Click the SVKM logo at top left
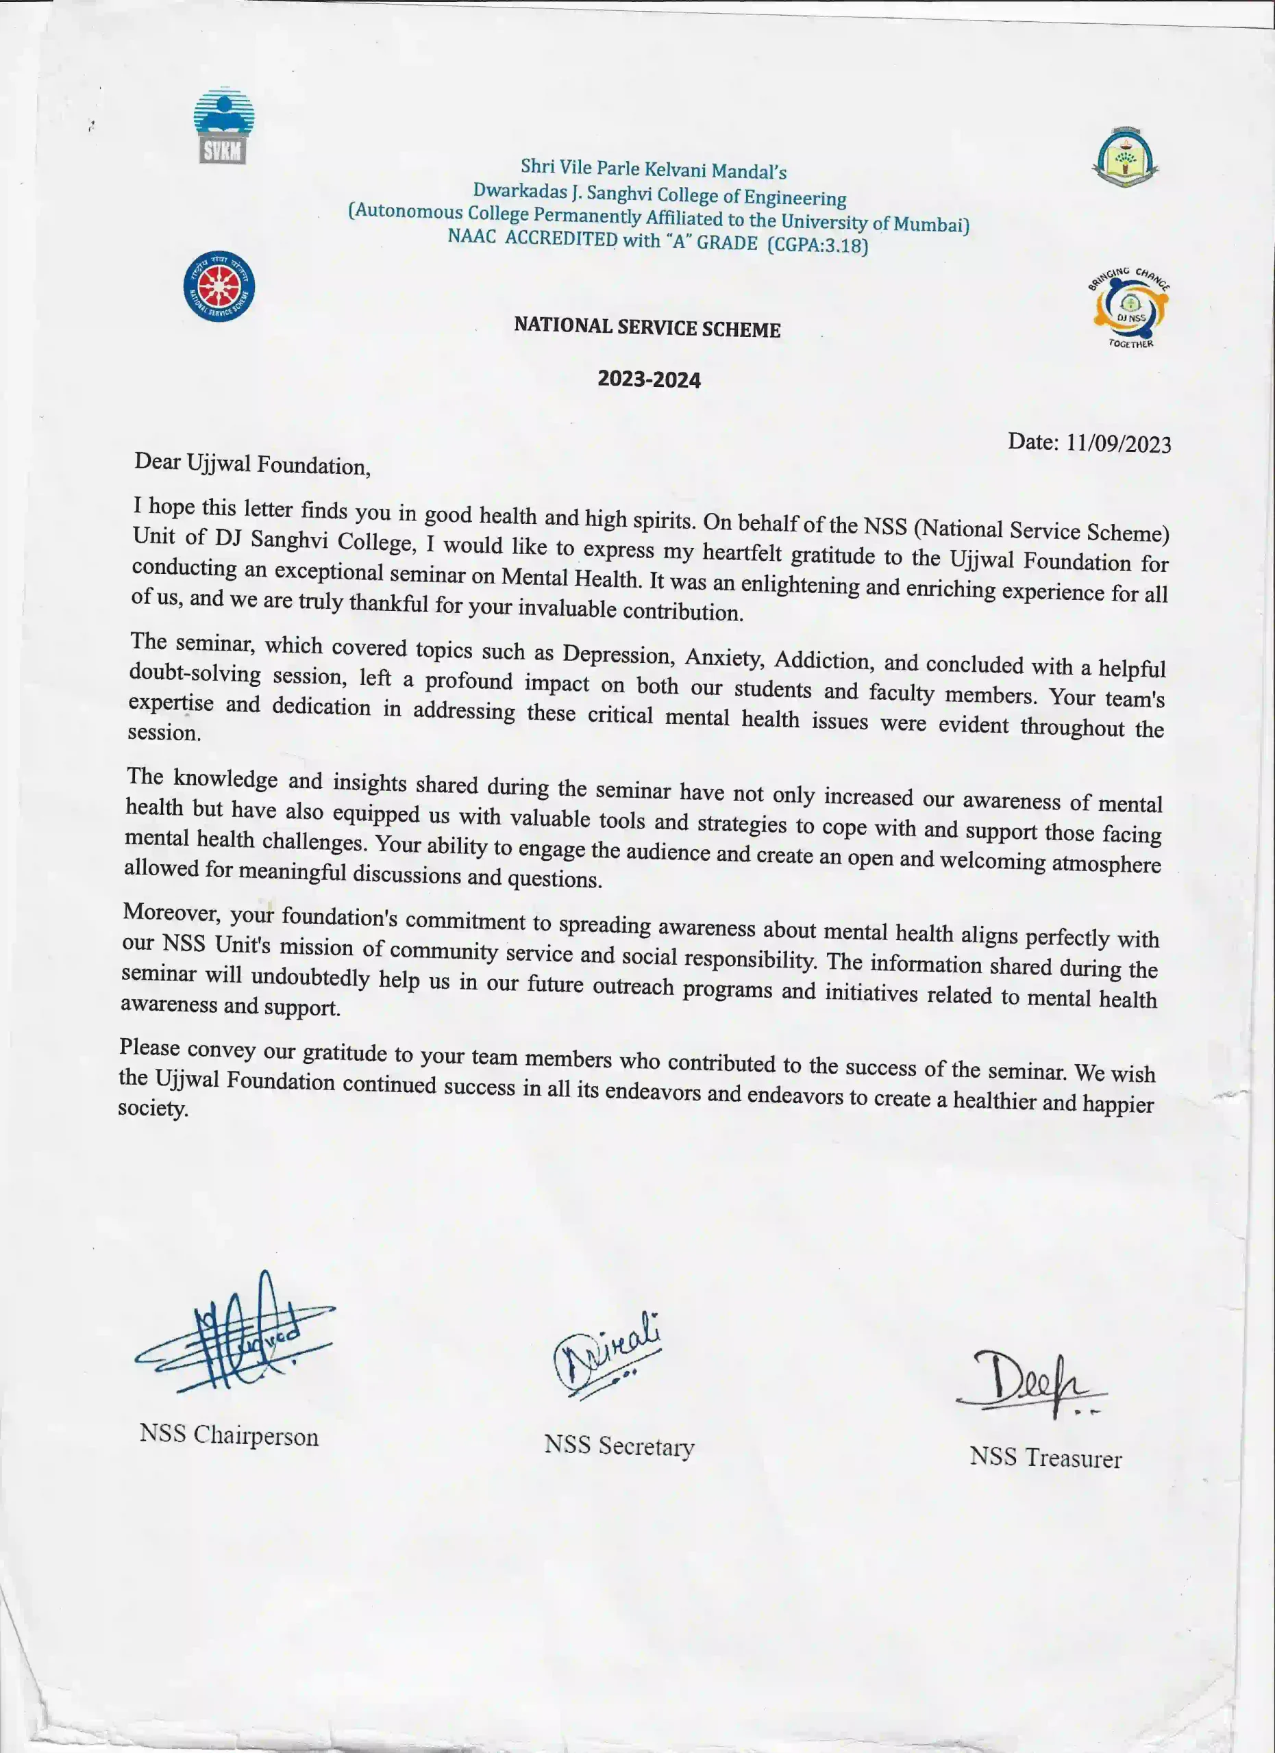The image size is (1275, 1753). pos(223,126)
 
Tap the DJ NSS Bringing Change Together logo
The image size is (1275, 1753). pos(1130,308)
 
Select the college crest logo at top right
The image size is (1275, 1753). pos(1125,157)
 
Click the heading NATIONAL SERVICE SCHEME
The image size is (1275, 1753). pos(647,328)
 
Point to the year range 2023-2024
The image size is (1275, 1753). pos(649,379)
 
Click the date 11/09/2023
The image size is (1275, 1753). pos(1118,444)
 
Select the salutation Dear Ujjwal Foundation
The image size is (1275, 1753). pos(252,464)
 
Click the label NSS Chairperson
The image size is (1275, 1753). pos(229,1435)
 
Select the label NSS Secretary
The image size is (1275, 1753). pos(619,1446)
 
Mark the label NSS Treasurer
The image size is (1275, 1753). pos(1045,1457)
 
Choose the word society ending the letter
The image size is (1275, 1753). pos(153,1109)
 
